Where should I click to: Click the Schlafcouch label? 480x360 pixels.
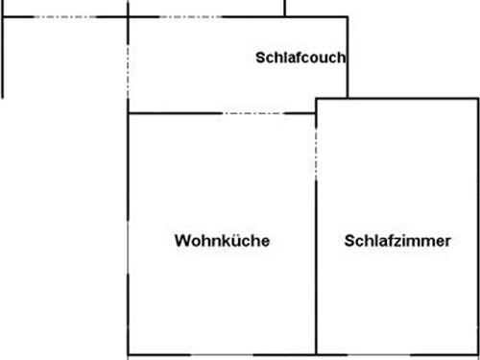coord(300,57)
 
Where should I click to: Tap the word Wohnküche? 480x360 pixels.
coord(222,241)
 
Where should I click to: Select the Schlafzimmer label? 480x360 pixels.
coord(396,241)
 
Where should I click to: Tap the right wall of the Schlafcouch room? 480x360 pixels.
coord(348,58)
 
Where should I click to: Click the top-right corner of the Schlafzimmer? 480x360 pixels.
coord(477,98)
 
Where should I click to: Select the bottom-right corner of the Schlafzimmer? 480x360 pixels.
coord(477,354)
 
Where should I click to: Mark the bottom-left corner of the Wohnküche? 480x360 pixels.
coord(129,354)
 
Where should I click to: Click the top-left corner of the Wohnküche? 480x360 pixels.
coord(129,113)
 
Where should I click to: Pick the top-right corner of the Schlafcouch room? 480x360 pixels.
coord(348,16)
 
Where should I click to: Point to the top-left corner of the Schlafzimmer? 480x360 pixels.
coord(317,98)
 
